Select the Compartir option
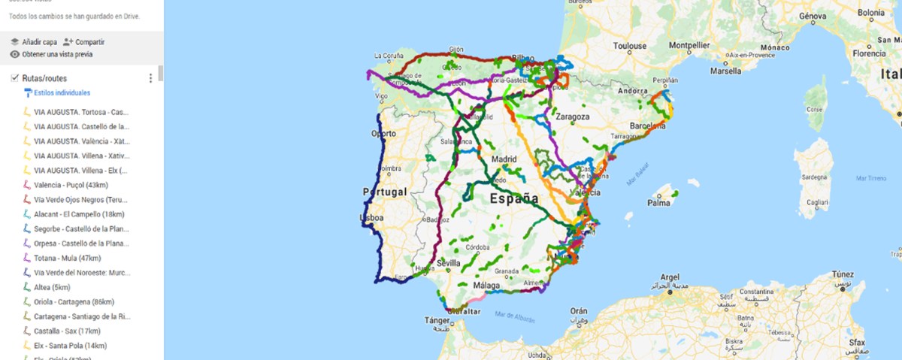[x=84, y=42]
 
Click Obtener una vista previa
[x=52, y=54]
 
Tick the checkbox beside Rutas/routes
[x=14, y=78]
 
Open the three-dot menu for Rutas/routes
[x=150, y=78]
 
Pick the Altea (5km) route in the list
[x=52, y=287]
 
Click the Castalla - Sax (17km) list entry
[x=67, y=331]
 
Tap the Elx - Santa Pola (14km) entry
[x=70, y=346]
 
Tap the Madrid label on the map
[x=504, y=159]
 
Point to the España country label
[x=514, y=199]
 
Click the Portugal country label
[x=384, y=192]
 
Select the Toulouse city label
[x=629, y=46]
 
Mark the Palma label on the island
[x=658, y=202]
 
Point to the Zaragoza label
[x=573, y=116]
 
